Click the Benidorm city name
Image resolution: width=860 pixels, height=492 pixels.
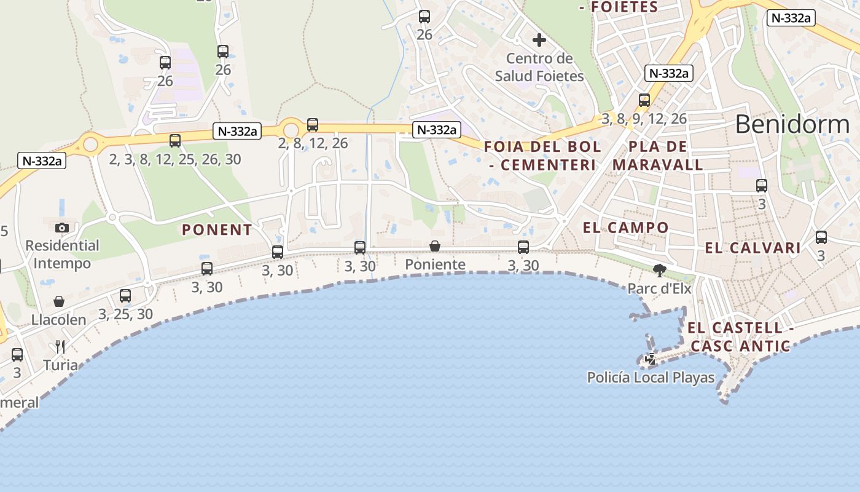coord(792,124)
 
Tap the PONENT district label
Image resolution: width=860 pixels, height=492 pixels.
coord(217,230)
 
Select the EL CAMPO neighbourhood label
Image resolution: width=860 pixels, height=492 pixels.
coord(625,228)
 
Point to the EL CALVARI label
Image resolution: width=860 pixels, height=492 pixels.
coord(752,248)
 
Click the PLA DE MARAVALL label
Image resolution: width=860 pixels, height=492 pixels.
coord(657,156)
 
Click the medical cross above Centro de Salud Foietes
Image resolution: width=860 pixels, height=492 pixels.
coord(539,41)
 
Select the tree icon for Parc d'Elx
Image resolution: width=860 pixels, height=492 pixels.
coord(660,270)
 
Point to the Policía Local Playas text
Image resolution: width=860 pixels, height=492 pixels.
coord(651,377)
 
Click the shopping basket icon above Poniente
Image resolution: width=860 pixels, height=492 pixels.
coord(435,246)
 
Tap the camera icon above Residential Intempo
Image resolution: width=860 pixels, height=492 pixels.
coord(61,228)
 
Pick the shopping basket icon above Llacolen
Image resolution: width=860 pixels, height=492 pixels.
coord(59,301)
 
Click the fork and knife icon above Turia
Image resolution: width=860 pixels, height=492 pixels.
coord(60,347)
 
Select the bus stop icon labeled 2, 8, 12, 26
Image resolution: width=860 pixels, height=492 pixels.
coord(313,125)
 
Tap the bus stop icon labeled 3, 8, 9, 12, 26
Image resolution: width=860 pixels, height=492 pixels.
coord(644,100)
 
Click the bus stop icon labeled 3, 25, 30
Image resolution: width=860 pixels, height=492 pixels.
coord(125,295)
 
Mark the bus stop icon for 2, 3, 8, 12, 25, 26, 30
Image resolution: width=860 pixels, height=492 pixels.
coord(175,141)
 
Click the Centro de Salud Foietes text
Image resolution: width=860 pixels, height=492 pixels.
coord(539,68)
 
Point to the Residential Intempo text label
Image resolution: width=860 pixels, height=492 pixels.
coord(62,255)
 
